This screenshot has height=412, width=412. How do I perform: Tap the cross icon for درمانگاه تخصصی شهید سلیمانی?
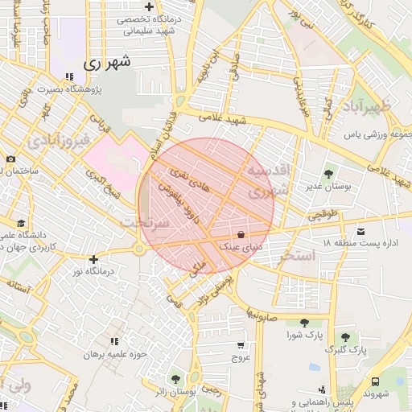149,6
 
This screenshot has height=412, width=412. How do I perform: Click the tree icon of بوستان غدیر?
328,174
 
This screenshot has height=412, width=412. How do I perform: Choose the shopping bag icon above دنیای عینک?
241,234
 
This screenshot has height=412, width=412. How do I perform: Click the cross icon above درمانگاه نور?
94,259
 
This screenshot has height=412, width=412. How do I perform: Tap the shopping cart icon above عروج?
240,344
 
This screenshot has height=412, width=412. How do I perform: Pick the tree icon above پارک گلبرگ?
346,337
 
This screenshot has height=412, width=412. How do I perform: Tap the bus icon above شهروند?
376,382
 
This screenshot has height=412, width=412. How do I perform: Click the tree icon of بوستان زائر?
176,378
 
